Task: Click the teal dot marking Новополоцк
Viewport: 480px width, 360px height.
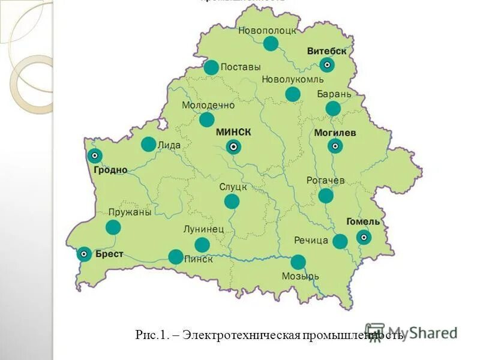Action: click(271, 43)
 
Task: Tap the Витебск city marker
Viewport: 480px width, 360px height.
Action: click(327, 65)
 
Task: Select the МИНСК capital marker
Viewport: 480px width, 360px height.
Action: click(233, 146)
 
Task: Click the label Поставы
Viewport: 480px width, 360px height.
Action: click(241, 67)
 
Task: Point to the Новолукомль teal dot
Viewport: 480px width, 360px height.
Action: click(293, 94)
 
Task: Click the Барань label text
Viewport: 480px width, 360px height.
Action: click(334, 94)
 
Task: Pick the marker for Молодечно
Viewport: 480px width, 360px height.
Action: click(207, 119)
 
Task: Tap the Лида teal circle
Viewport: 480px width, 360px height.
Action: click(148, 144)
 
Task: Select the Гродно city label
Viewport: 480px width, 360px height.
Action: click(110, 170)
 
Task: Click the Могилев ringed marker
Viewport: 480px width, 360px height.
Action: click(335, 146)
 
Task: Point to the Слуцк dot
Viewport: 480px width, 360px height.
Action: click(232, 202)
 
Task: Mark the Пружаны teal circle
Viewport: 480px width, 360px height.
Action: click(113, 227)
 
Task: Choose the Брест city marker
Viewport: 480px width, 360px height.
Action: click(85, 254)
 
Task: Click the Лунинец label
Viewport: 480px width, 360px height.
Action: click(203, 229)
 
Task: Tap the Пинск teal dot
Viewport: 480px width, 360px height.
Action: click(176, 257)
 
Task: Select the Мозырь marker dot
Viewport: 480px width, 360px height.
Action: click(298, 262)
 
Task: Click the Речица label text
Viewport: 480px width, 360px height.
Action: click(311, 241)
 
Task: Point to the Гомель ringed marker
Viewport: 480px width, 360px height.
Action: click(363, 238)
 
